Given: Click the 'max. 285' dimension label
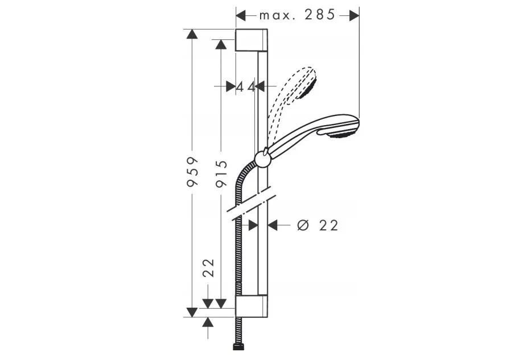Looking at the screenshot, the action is [297, 15].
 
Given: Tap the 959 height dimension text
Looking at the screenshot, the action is [192, 172].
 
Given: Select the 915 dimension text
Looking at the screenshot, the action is [221, 173].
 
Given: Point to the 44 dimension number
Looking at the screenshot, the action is [246, 87].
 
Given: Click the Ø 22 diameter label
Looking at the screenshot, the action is [318, 225].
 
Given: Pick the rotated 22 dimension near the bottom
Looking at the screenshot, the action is [208, 268].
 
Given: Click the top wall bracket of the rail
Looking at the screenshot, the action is [252, 40].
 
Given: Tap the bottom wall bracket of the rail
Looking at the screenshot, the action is [252, 307].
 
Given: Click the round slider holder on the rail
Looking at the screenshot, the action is [262, 159].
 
